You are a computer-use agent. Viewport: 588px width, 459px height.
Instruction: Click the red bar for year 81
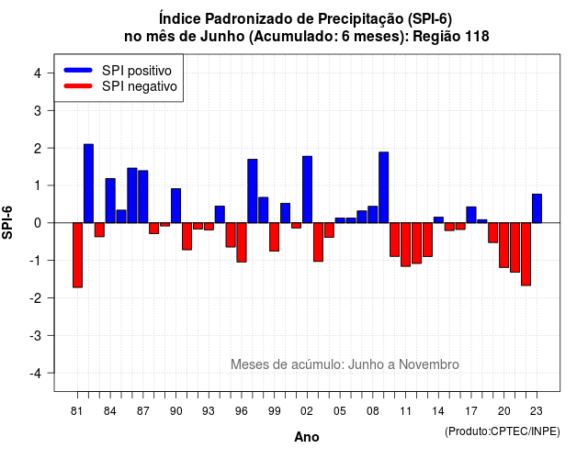[x=77, y=255]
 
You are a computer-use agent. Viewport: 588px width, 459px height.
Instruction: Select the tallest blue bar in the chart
[x=88, y=184]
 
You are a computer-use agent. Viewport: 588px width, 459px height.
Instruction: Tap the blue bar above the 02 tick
[x=307, y=189]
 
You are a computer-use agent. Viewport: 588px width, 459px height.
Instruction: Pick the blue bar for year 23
[x=537, y=208]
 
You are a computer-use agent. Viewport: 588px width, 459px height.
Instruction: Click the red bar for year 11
[x=405, y=244]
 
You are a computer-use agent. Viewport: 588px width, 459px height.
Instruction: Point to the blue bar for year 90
[x=175, y=206]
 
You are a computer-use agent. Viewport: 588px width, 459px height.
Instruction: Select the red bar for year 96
[x=242, y=242]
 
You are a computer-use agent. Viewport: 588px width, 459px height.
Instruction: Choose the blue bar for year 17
[x=471, y=215]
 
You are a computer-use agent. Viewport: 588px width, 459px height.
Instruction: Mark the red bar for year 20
[x=504, y=245]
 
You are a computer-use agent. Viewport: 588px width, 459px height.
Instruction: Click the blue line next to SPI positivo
[x=78, y=70]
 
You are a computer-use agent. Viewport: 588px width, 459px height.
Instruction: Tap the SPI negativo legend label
[x=140, y=86]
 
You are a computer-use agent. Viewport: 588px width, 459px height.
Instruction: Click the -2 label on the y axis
[x=37, y=297]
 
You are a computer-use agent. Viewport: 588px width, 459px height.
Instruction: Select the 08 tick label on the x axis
[x=372, y=411]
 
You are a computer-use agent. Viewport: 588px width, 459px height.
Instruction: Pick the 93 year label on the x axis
[x=209, y=411]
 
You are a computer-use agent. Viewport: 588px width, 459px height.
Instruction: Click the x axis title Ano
[x=307, y=437]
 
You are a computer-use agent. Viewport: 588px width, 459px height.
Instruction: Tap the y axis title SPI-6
[x=7, y=222]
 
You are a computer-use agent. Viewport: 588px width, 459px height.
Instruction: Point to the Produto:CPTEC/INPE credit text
[x=503, y=431]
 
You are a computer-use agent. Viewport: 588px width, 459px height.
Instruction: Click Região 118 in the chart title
[x=451, y=37]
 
